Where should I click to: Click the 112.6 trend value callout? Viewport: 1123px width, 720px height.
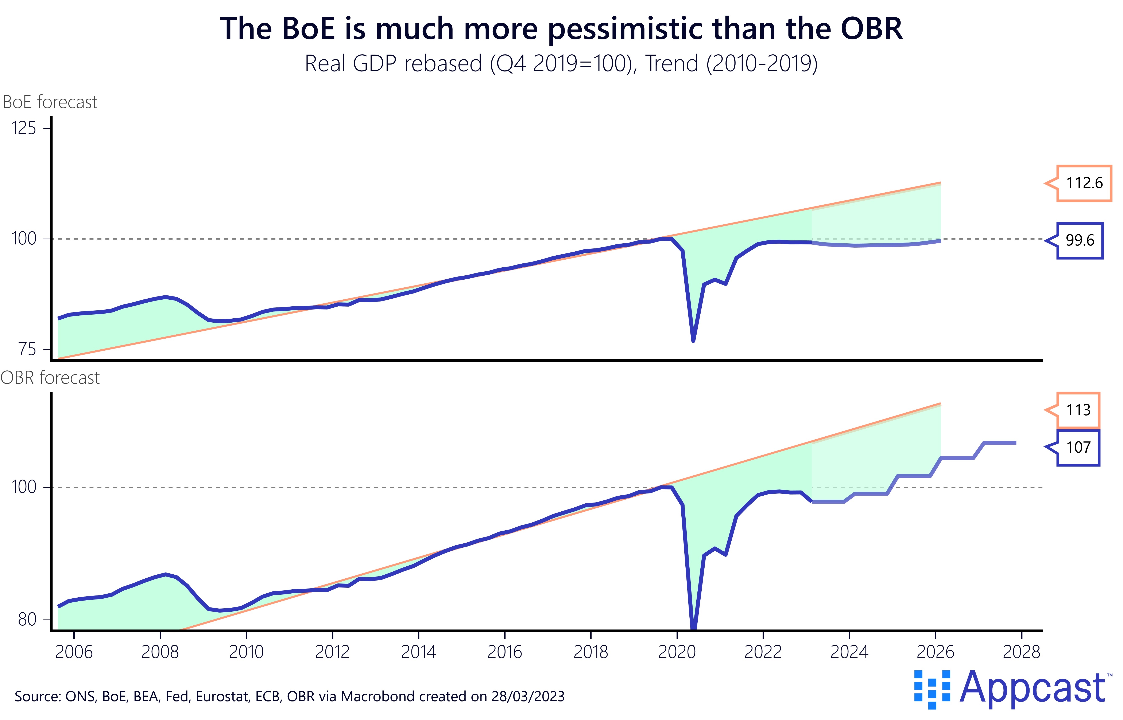(x=1084, y=183)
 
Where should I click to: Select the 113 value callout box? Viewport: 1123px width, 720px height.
(x=1078, y=410)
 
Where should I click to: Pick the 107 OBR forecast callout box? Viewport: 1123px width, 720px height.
(x=1078, y=447)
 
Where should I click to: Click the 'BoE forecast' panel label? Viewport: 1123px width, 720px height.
(x=50, y=102)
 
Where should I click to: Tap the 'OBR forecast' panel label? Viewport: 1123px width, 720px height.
(x=50, y=378)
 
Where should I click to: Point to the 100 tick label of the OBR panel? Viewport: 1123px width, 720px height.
(x=23, y=487)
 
